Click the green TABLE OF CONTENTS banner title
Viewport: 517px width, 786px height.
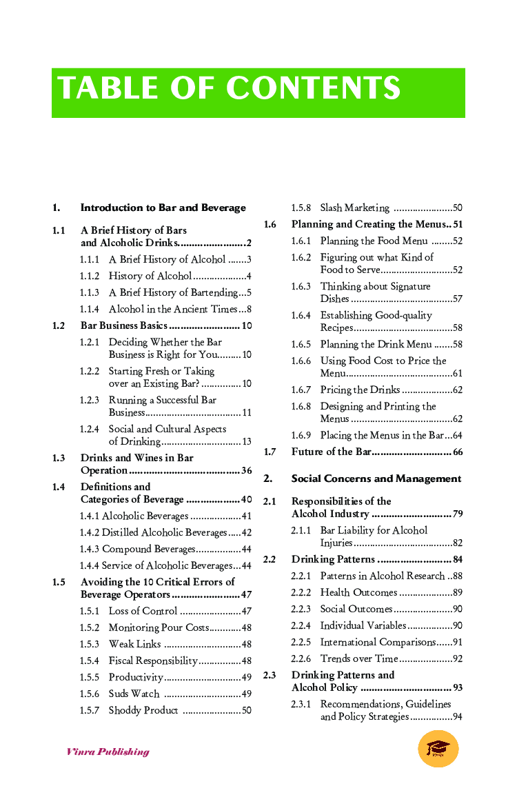pos(229,89)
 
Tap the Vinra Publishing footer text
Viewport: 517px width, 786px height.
pos(108,752)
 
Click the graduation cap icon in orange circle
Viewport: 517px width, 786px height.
pos(438,749)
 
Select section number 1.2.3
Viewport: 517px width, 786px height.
pos(90,400)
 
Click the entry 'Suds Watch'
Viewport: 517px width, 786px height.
pos(134,694)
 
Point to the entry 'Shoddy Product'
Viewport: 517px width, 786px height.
pos(143,710)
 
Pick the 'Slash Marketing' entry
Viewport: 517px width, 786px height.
pos(354,208)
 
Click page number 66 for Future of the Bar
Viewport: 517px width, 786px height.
pos(458,452)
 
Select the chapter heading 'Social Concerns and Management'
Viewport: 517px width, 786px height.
pos(376,478)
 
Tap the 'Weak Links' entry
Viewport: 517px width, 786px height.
pos(134,644)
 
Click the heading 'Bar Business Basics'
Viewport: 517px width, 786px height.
pos(124,325)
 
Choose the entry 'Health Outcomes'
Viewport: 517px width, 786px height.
pos(358,592)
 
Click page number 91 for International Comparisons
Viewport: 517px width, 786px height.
pos(458,642)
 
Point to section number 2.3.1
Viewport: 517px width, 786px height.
pos(301,704)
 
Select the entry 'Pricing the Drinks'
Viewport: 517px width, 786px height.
pos(360,390)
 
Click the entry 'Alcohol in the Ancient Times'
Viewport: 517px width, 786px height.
pos(172,309)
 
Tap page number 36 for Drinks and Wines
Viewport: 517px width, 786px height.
pos(246,470)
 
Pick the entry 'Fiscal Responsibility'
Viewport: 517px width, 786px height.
pos(153,661)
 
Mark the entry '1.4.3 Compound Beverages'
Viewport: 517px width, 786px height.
pos(138,549)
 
